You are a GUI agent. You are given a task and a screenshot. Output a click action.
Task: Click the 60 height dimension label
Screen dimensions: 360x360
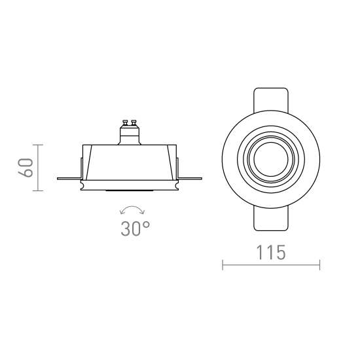(26, 168)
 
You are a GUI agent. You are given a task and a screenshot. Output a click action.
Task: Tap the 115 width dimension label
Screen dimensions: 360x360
(271, 253)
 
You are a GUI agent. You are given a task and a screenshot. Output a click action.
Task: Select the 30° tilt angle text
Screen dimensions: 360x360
(135, 228)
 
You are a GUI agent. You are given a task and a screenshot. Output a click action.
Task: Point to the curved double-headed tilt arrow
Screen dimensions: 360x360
(132, 207)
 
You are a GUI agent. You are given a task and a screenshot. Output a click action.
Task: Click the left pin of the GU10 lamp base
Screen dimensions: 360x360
(126, 123)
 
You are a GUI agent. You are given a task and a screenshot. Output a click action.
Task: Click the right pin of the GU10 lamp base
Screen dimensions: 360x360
(134, 123)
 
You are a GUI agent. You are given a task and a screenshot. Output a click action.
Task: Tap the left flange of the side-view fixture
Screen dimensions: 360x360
(69, 179)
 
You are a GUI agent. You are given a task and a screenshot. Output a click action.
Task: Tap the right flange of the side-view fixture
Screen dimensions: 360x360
(190, 179)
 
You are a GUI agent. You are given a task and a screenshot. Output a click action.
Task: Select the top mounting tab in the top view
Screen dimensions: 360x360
(271, 100)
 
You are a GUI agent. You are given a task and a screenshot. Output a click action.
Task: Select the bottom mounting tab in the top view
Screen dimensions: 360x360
(271, 219)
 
